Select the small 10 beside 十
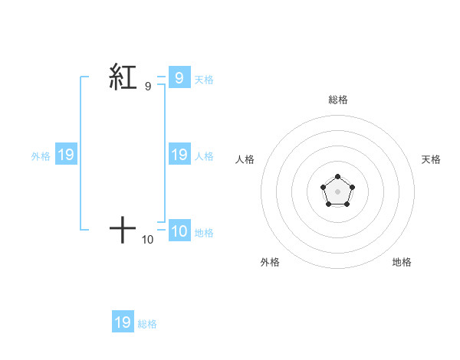147,240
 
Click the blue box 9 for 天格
179,77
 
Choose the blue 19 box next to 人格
179,155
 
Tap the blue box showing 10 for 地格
179,231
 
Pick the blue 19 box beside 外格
66,155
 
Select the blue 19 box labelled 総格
123,322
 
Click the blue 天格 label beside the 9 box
204,79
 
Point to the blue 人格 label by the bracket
204,156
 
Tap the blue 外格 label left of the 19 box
41,156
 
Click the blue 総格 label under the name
148,324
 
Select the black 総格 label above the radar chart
338,100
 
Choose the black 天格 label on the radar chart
432,159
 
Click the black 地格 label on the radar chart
402,262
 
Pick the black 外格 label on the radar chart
270,262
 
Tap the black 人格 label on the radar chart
245,159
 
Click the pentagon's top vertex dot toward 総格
337,177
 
